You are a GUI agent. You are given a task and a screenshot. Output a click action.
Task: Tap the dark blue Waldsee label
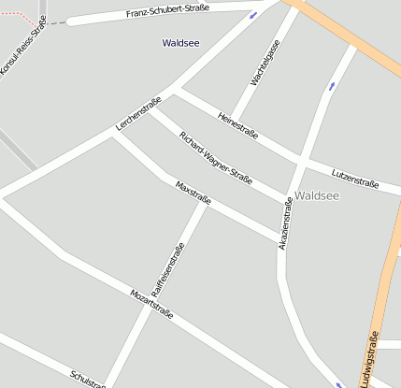click(180, 43)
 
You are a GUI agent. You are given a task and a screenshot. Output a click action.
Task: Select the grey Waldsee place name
click(316, 195)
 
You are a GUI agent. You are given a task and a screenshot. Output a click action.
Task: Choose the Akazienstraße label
click(286, 223)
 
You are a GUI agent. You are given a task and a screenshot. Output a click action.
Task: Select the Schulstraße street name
click(88, 378)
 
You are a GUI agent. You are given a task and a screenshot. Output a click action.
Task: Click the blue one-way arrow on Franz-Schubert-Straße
click(252, 15)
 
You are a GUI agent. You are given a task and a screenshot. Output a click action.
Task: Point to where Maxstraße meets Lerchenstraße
click(113, 134)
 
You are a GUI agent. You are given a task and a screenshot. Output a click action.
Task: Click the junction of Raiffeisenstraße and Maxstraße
click(205, 203)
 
